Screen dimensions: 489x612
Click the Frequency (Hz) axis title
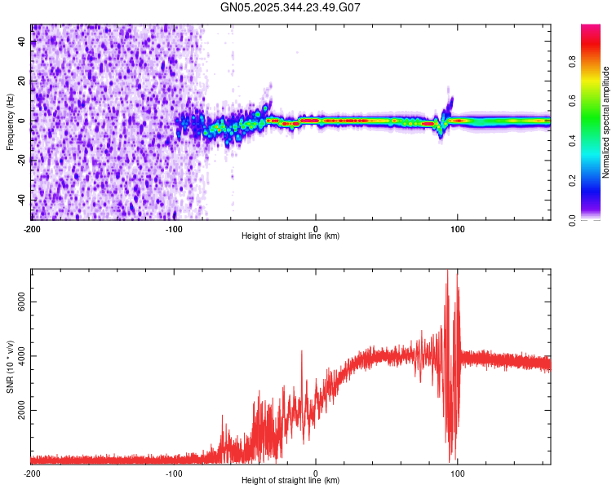coord(10,121)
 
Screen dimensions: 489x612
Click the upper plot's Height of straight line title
coord(290,236)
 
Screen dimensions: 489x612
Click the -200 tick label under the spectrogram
coord(32,228)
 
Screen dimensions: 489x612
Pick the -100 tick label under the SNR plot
coord(174,473)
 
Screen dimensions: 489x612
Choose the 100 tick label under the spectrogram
coord(458,228)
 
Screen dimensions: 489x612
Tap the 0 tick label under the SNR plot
coord(316,473)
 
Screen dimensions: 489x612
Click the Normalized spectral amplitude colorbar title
coord(606,122)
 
